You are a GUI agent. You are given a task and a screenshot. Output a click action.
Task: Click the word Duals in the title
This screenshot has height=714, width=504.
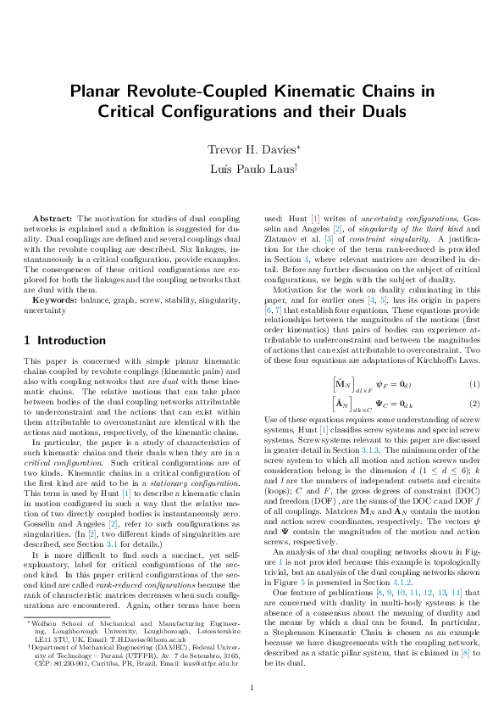click(x=381, y=111)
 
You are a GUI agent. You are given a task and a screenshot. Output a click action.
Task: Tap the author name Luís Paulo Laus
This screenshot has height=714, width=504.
click(x=251, y=170)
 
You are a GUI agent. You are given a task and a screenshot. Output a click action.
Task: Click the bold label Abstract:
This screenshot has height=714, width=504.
click(x=53, y=220)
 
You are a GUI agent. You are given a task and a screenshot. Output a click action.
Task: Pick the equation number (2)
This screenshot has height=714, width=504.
click(x=474, y=403)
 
